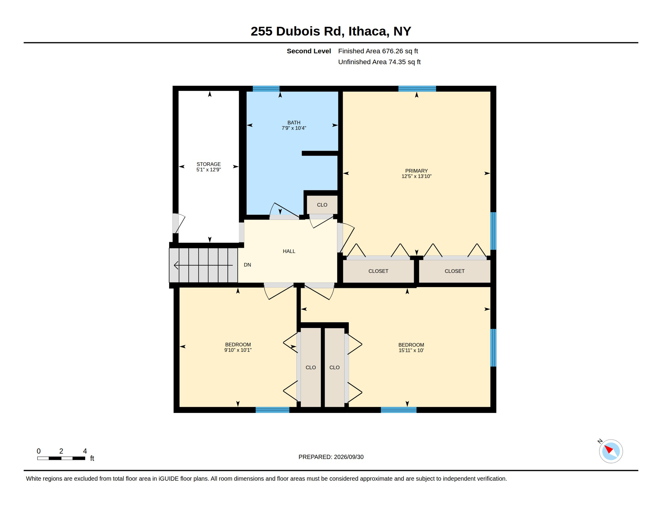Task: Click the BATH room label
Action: (294, 123)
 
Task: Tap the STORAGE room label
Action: (208, 164)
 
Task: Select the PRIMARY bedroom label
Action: (416, 171)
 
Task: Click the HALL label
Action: (289, 251)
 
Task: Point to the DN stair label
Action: (247, 265)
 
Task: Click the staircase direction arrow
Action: (203, 265)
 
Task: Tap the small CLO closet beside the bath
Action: (322, 205)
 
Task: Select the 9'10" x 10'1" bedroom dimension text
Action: (238, 350)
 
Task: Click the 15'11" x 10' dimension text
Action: (411, 350)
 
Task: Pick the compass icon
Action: (611, 451)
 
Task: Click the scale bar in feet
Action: (61, 458)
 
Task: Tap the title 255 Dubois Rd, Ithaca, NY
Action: (331, 31)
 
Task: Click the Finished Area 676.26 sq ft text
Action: (378, 51)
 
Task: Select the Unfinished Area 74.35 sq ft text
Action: (379, 62)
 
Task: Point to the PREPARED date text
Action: (331, 457)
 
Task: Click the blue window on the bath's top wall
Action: (266, 89)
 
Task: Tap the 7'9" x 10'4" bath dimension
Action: (294, 128)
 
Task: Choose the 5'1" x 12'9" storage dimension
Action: (208, 170)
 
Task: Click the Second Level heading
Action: (309, 51)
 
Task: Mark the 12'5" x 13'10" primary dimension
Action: (416, 176)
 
